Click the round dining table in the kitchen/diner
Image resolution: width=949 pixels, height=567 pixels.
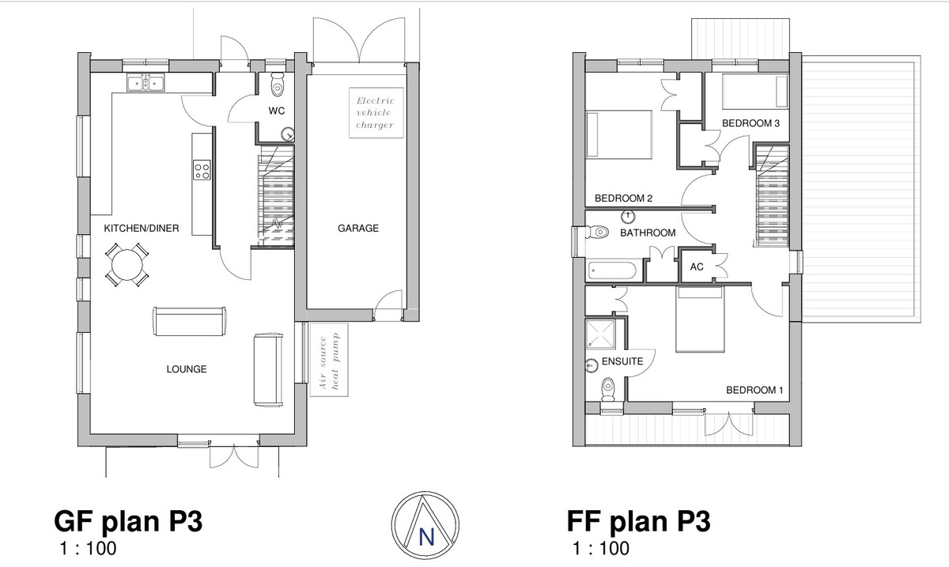pos(127,265)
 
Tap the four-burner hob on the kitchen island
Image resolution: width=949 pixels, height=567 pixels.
pos(202,170)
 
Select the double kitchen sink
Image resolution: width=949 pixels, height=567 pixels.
pos(146,82)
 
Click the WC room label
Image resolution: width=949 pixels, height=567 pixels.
pos(277,111)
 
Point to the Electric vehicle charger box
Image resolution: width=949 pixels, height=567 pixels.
pos(376,113)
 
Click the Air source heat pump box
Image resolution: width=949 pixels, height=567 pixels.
pos(329,360)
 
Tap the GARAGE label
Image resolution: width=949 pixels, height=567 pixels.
pos(358,229)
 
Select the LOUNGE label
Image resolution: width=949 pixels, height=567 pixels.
pos(187,369)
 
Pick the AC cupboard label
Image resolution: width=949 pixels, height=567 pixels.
pos(697,267)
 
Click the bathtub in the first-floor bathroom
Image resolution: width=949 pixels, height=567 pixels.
pos(612,270)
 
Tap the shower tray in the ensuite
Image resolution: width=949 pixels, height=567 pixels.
pos(600,334)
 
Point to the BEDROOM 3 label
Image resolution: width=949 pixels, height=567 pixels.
pos(751,123)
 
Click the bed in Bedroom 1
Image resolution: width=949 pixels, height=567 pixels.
pos(700,319)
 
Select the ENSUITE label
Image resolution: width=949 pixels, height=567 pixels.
pos(622,361)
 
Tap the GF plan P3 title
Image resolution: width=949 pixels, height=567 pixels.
pos(128,521)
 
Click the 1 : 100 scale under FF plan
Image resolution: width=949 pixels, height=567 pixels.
pos(601,548)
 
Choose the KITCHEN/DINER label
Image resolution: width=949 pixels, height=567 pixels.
pos(142,229)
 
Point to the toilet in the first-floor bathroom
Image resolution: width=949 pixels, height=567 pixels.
pos(597,232)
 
